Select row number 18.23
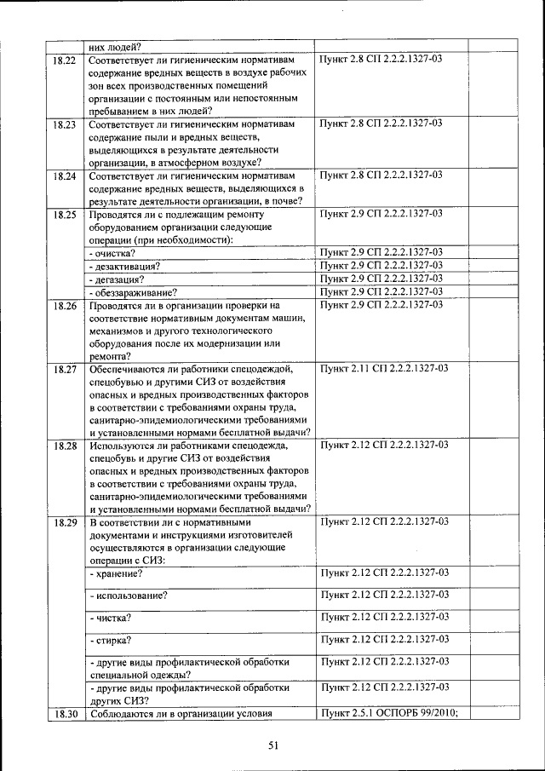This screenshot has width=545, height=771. click(x=65, y=124)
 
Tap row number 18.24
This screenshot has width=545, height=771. click(x=65, y=176)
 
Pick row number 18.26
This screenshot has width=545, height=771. click(x=65, y=305)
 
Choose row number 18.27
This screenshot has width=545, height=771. click(x=65, y=370)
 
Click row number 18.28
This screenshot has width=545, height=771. click(x=65, y=446)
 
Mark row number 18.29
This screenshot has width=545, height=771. click(x=65, y=521)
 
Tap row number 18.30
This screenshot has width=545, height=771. click(x=65, y=714)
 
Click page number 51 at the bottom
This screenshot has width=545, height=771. click(x=274, y=745)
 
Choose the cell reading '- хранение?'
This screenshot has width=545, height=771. click(x=116, y=572)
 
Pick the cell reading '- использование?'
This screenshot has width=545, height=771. click(x=129, y=595)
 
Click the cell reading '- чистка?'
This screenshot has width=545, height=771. click(x=111, y=617)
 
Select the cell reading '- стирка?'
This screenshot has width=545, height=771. click(x=112, y=640)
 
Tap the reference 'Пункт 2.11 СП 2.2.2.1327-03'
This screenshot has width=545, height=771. click(x=383, y=369)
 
